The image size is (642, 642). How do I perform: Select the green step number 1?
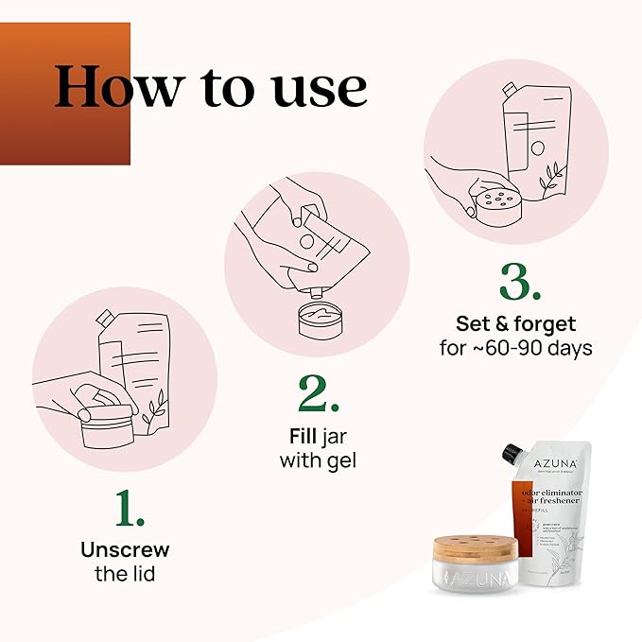pyautogui.click(x=130, y=511)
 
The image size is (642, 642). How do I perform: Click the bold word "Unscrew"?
pyautogui.click(x=125, y=548)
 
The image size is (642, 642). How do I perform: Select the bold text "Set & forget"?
pyautogui.click(x=515, y=324)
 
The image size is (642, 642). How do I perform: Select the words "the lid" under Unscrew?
pyautogui.click(x=125, y=573)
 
